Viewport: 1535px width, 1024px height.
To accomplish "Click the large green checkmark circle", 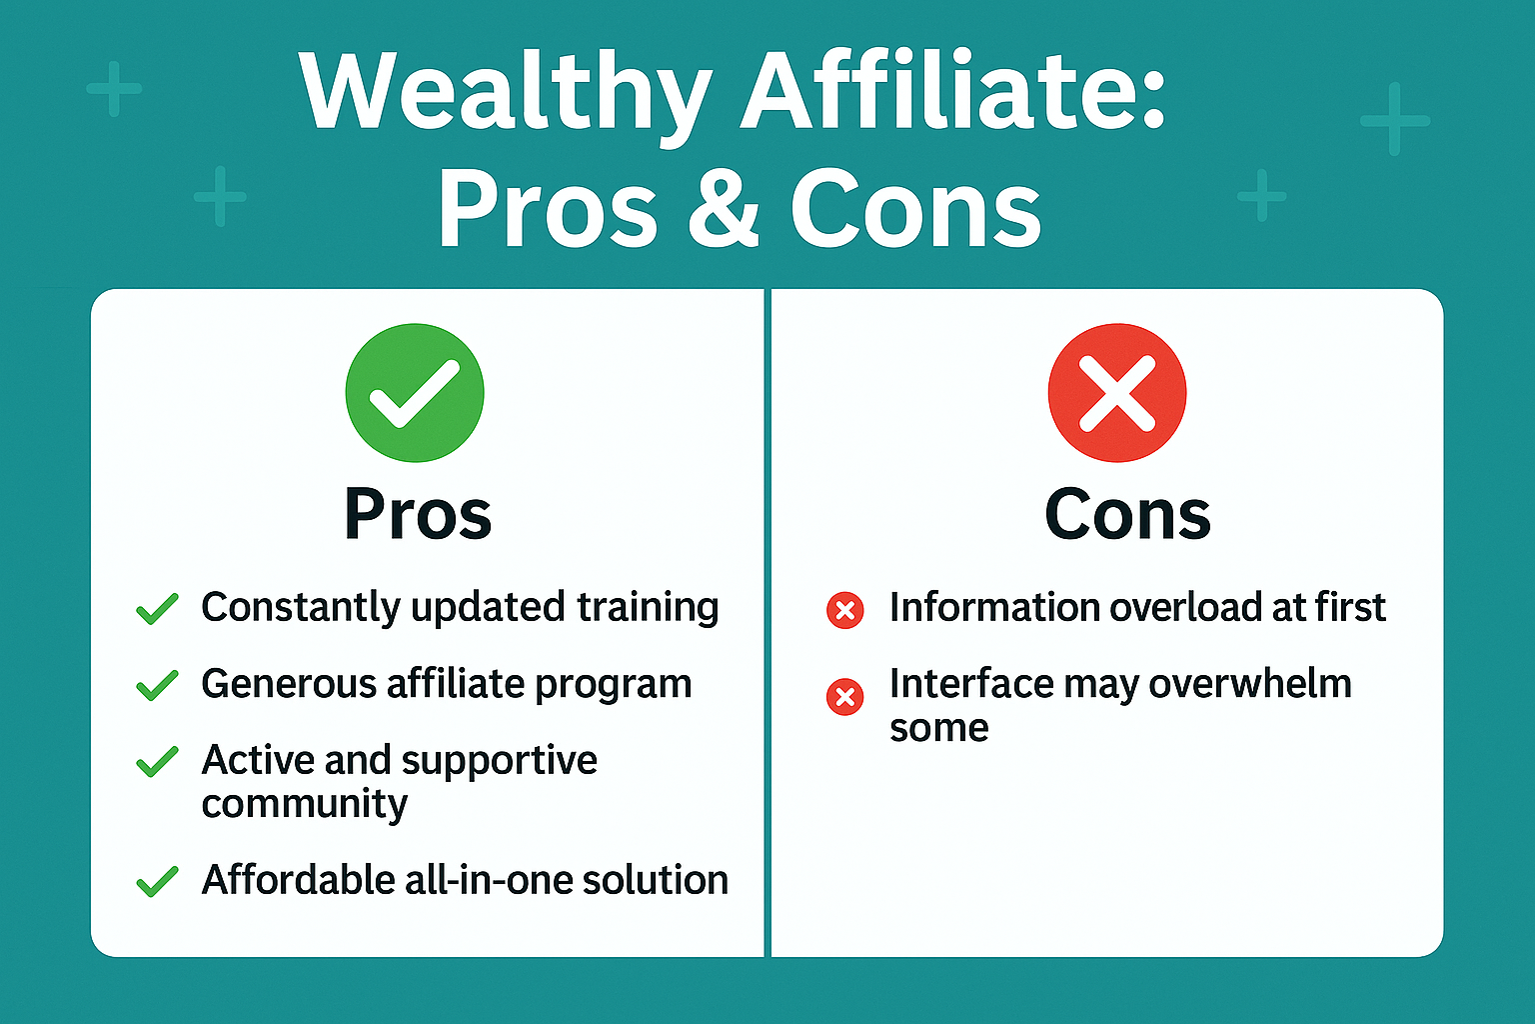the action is click(415, 393).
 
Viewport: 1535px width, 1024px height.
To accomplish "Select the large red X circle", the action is click(1117, 393).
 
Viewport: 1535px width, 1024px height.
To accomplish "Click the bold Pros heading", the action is click(418, 514).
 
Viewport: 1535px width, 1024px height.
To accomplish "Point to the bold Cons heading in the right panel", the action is click(1128, 514).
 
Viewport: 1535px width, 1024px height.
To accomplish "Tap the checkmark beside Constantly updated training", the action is click(158, 608).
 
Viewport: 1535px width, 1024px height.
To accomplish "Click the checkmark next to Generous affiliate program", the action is click(158, 685).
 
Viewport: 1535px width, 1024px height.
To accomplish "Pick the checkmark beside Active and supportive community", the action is click(158, 761).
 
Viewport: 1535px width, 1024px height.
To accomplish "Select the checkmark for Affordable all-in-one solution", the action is click(158, 881).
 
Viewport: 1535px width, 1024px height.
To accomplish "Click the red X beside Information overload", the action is click(844, 610).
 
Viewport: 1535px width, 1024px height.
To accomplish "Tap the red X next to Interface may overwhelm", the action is click(844, 698).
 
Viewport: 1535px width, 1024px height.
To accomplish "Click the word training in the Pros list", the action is click(648, 608).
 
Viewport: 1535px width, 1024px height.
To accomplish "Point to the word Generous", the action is click(289, 684).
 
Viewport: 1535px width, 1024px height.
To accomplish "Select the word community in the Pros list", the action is click(304, 804).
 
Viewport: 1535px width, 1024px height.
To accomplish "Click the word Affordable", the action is click(298, 879).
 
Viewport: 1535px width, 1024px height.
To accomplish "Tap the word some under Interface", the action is click(938, 728).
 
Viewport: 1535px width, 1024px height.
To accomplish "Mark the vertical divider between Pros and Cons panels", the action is click(767, 623).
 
